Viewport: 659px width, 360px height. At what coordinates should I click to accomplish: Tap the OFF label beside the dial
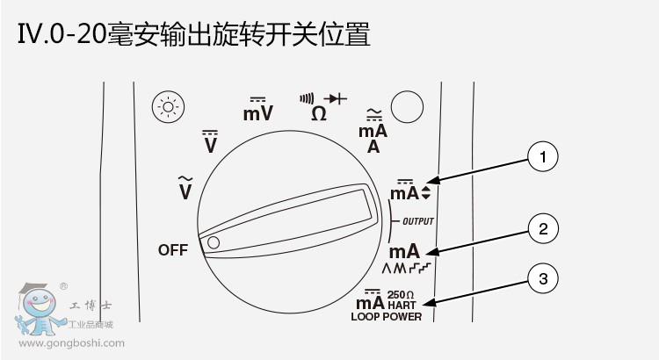coord(173,250)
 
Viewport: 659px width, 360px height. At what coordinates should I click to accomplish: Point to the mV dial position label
coord(257,112)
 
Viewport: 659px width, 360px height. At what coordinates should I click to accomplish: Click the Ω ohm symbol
coord(319,113)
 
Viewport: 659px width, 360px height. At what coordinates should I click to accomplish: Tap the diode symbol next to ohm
coord(337,98)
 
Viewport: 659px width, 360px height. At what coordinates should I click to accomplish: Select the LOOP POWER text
coord(386,316)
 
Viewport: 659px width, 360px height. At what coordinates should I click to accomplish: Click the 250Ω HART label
coord(402,299)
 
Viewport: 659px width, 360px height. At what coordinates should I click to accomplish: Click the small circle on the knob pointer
coord(214,241)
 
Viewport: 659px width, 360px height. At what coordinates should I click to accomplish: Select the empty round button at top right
coord(407,108)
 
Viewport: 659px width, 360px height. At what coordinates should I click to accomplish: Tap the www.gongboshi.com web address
coord(69,343)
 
